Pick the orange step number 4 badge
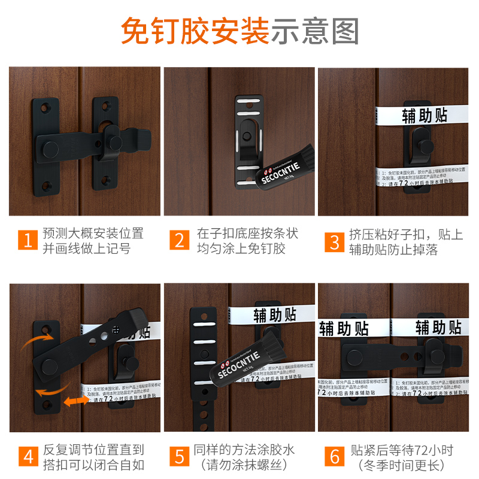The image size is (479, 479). coord(26,457)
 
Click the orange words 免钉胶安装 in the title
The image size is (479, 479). coord(195,31)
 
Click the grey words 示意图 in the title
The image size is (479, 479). coord(315,31)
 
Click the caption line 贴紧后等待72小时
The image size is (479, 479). coord(403,450)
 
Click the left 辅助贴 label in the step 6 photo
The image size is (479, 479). coord(343,328)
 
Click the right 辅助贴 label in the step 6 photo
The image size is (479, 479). coord(438,328)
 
